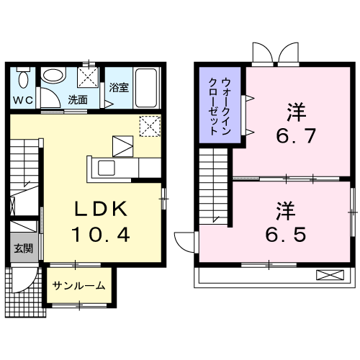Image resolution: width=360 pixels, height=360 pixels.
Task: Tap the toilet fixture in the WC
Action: [x=24, y=78]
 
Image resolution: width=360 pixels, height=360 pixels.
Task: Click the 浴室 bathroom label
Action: [x=119, y=88]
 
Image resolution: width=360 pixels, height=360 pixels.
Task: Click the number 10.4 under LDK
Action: [x=101, y=235]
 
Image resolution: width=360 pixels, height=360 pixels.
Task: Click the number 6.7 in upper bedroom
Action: [x=296, y=136]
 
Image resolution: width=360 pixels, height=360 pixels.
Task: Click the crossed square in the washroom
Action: [x=89, y=76]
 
